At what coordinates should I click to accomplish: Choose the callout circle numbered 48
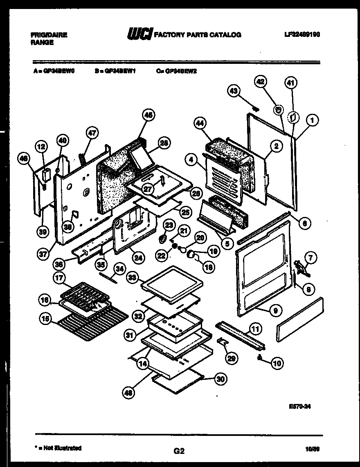[x=128, y=393]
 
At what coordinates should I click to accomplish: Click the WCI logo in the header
[x=139, y=34]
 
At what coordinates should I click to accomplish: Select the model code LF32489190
[x=302, y=35]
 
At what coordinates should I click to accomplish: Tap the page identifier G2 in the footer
[x=179, y=451]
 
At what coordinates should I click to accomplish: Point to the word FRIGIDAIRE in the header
[x=49, y=35]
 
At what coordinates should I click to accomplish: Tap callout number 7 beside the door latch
[x=311, y=258]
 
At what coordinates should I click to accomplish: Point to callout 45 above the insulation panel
[x=148, y=116]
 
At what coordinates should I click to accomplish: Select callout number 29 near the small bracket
[x=231, y=358]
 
